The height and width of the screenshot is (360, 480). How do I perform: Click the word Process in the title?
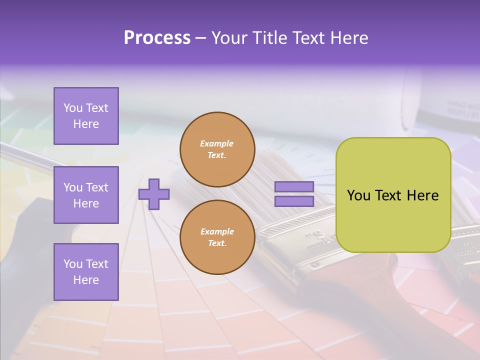coord(157,38)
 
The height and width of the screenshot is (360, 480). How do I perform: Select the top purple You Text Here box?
coord(86,116)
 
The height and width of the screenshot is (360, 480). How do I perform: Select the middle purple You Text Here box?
coord(86,195)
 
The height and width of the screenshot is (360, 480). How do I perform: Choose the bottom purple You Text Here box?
coord(86,271)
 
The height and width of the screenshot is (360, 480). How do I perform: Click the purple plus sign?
coord(154,194)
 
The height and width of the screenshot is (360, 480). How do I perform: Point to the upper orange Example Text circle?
coord(217,149)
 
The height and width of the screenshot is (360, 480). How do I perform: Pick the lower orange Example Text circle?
coord(217,237)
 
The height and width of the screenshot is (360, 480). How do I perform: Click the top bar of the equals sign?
coord(294,187)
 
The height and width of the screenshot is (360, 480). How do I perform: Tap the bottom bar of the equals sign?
coord(294,201)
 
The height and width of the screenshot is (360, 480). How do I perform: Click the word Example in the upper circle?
coord(217,144)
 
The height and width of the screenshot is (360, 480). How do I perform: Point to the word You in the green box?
coord(358,195)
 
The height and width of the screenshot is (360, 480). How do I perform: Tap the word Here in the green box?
coord(422,195)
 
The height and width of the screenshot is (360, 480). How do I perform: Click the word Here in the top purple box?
coord(86,124)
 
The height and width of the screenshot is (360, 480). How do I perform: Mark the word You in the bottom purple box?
coord(73,264)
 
